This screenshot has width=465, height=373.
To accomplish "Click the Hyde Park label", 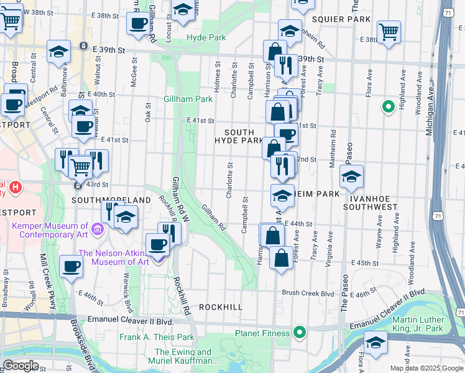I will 206,37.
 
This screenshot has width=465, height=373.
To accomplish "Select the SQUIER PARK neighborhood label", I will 341,19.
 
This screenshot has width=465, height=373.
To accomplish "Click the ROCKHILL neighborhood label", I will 220,307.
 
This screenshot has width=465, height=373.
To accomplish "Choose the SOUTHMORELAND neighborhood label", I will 111,200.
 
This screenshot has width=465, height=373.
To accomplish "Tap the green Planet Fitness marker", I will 299,333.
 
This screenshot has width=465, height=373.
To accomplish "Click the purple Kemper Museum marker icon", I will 98,230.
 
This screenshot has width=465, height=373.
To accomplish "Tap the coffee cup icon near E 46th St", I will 71,266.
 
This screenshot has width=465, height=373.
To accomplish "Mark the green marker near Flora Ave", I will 389,107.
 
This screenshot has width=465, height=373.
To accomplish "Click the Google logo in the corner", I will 21,366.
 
